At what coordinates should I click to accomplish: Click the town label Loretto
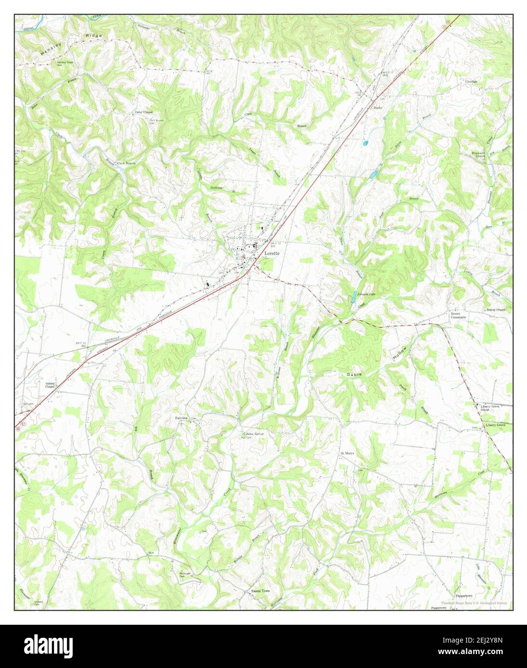270,253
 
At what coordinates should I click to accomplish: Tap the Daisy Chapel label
143,112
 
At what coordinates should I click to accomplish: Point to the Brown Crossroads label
458,316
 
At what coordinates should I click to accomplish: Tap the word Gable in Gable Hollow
353,374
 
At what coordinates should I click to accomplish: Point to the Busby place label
378,108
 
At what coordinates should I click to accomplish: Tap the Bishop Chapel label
495,310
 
